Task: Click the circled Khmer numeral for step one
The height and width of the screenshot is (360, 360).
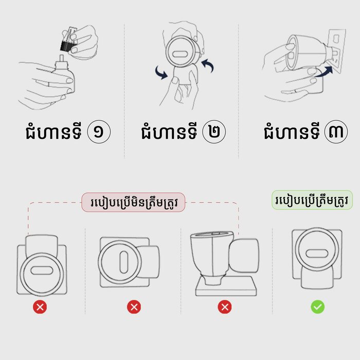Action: point(99,132)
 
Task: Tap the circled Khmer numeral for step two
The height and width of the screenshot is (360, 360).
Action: point(214,132)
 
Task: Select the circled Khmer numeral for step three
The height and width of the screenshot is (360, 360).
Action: point(336,132)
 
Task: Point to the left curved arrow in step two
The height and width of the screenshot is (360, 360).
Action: point(161,73)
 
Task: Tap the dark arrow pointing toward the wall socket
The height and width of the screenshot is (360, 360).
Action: point(324,71)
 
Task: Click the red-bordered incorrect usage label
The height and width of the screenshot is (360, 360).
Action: point(133,202)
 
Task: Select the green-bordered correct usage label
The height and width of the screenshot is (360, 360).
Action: point(312,200)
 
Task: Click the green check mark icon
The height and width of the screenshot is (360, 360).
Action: point(318,307)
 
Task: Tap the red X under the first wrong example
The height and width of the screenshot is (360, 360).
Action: point(40,307)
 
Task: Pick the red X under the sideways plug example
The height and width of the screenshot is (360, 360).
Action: point(134,307)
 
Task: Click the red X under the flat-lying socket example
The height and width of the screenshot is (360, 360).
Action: point(225,307)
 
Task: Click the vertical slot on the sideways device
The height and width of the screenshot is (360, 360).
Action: point(124,262)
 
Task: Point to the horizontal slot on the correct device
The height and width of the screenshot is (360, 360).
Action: point(317,254)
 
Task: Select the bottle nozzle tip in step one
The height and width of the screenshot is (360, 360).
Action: point(62,58)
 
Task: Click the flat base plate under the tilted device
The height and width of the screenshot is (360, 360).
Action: point(226,286)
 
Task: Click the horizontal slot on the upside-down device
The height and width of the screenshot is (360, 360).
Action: point(42,271)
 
